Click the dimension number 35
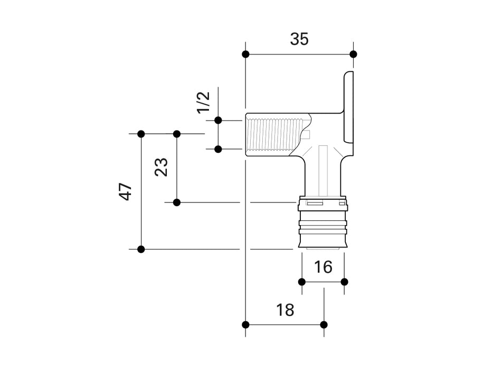[299, 39]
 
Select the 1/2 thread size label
[203, 102]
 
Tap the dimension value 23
[162, 168]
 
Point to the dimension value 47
[125, 191]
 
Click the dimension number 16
[323, 267]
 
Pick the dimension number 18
[285, 310]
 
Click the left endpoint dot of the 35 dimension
[245, 54]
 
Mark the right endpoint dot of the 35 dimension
[353, 54]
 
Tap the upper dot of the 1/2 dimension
[217, 121]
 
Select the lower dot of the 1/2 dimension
[217, 149]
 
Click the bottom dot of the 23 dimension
[177, 202]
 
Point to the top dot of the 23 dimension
[177, 134]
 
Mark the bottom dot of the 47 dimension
[141, 249]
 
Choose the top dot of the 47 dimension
[141, 134]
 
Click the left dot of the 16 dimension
[302, 281]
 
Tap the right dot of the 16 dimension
[344, 281]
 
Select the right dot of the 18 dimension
[324, 324]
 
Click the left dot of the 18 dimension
[245, 324]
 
